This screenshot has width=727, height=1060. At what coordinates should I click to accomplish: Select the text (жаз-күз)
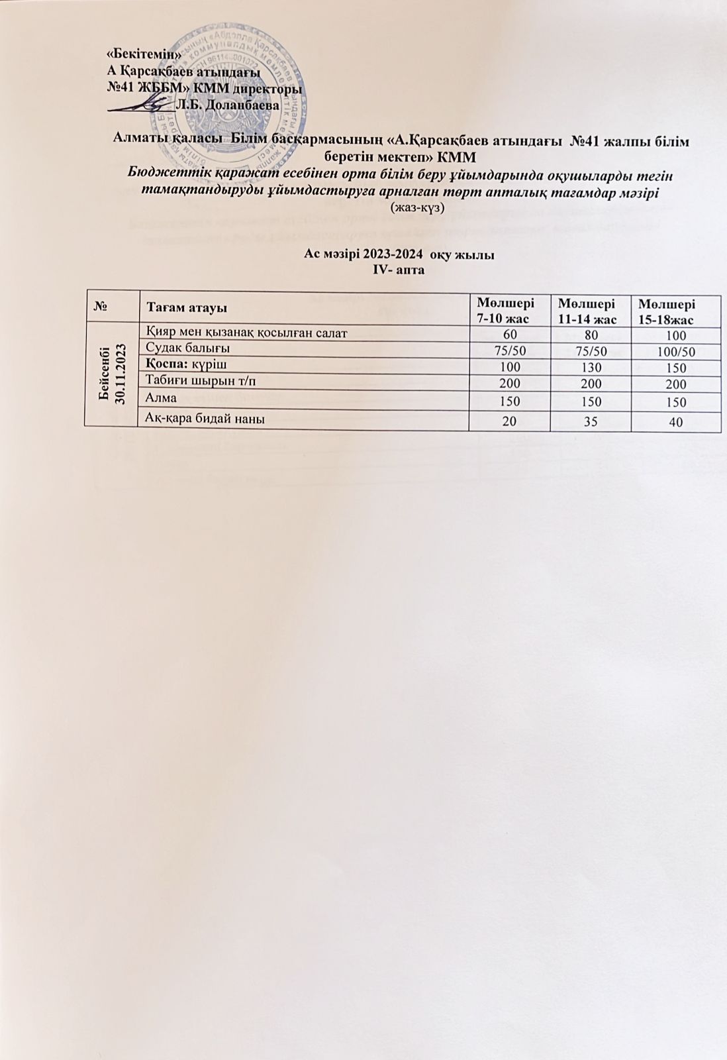pos(418,207)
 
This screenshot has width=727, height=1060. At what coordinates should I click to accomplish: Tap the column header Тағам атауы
pos(187,309)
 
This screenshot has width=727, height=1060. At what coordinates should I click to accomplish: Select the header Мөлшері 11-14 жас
pos(587,308)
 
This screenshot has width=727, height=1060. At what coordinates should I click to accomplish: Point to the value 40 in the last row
pos(675,423)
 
